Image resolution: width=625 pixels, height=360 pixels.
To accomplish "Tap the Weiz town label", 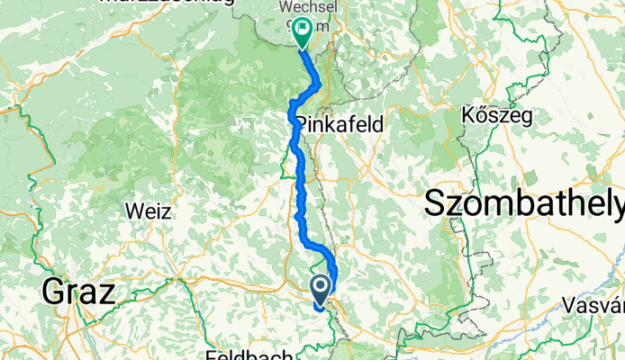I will coord(147,209).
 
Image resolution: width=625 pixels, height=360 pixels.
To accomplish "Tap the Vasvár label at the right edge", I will coord(595,306).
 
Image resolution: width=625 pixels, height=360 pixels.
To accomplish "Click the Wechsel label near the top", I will coord(303,7).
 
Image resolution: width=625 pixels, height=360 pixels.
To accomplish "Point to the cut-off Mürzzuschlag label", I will coord(167,3).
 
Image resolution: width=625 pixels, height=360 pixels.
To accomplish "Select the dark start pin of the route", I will coord(322,290).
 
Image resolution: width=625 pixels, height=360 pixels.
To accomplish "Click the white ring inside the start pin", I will coord(322,285).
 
